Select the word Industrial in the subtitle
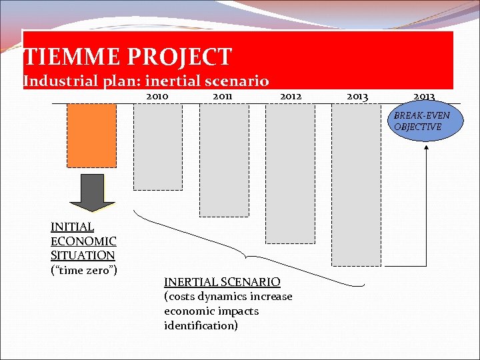(56, 81)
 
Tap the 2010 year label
(157, 97)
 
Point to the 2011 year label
(222, 97)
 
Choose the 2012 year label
(291, 97)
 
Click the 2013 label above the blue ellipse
(424, 97)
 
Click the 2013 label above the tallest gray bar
(357, 97)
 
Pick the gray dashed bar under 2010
(157, 147)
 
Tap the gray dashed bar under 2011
(224, 160)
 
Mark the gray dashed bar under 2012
(290, 173)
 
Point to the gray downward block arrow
(91, 193)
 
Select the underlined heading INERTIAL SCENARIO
(222, 282)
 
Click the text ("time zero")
(84, 269)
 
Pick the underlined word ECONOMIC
(83, 241)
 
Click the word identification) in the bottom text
(201, 325)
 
